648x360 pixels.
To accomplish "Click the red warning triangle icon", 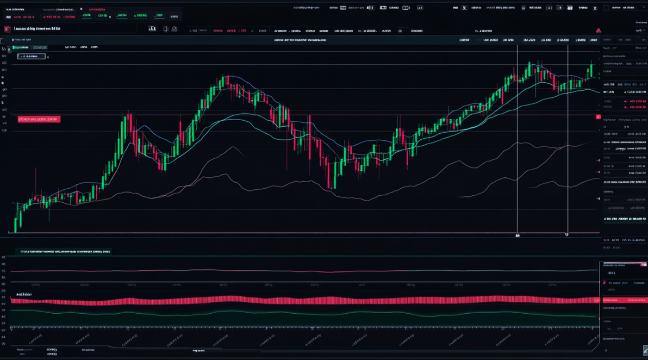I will tap(599, 30).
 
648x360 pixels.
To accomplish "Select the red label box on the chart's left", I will tap(39, 119).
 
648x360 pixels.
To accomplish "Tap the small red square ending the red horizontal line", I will tap(599, 117).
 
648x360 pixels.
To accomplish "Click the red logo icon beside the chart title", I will tap(8, 29).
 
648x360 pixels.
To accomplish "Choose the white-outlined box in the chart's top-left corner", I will tap(31, 56).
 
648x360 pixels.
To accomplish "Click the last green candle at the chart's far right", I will tap(591, 70).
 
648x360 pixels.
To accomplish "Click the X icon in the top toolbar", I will tap(595, 8).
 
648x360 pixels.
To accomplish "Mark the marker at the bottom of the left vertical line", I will tap(518, 236).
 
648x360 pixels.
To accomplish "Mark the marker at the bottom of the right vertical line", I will tap(567, 235).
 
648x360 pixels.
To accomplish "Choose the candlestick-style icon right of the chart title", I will tap(153, 29).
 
